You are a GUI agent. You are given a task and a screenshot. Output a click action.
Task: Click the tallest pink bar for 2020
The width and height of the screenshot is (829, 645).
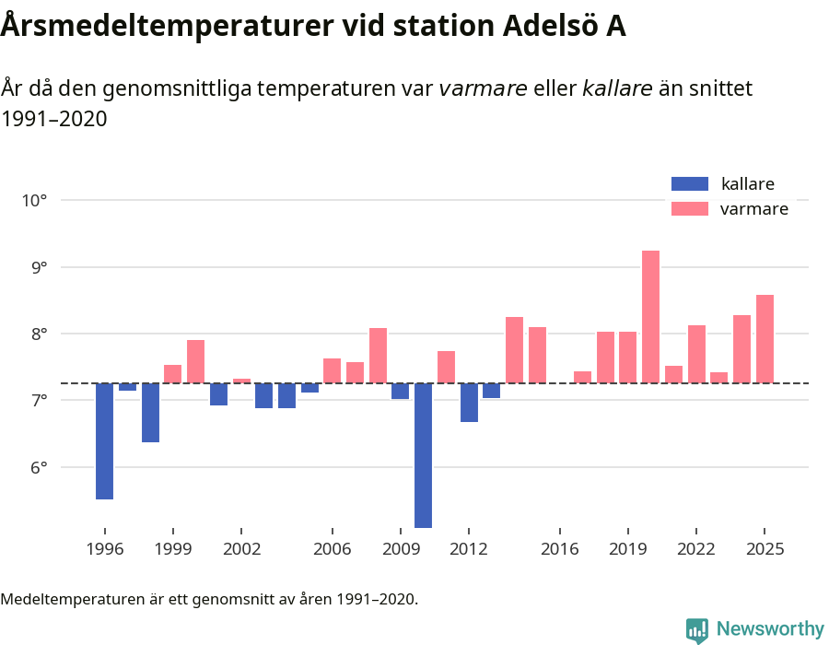point(650,316)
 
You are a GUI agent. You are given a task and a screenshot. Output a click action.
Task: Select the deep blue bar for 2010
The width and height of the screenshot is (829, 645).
point(423,455)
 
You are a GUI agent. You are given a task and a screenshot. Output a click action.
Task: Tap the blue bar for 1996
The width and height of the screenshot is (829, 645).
point(104,440)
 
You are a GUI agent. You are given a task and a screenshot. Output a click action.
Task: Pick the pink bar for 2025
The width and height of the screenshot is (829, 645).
point(765,338)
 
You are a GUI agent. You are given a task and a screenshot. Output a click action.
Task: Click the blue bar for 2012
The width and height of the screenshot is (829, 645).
point(469,402)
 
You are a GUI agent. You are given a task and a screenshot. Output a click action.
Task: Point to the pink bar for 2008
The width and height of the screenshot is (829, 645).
point(378,355)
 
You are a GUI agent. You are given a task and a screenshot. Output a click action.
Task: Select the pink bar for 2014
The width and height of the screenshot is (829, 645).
point(514,349)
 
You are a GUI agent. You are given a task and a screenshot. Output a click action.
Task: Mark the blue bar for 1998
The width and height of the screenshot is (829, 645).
point(150,412)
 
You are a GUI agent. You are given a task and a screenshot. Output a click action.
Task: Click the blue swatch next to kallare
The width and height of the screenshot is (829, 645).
point(690,183)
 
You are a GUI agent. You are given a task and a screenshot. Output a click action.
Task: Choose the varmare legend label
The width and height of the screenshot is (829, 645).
point(753,209)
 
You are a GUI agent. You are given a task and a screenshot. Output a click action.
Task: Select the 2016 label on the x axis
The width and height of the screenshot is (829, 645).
point(559,549)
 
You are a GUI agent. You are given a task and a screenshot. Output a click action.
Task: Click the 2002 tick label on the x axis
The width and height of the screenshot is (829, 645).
point(240,549)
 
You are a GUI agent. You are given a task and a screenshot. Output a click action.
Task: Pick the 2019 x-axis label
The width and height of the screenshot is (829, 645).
point(627,549)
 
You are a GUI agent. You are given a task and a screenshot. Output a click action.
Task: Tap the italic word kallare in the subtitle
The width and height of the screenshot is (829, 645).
point(617,88)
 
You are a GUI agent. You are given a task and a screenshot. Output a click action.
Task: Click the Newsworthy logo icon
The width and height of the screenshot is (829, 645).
point(697,629)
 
